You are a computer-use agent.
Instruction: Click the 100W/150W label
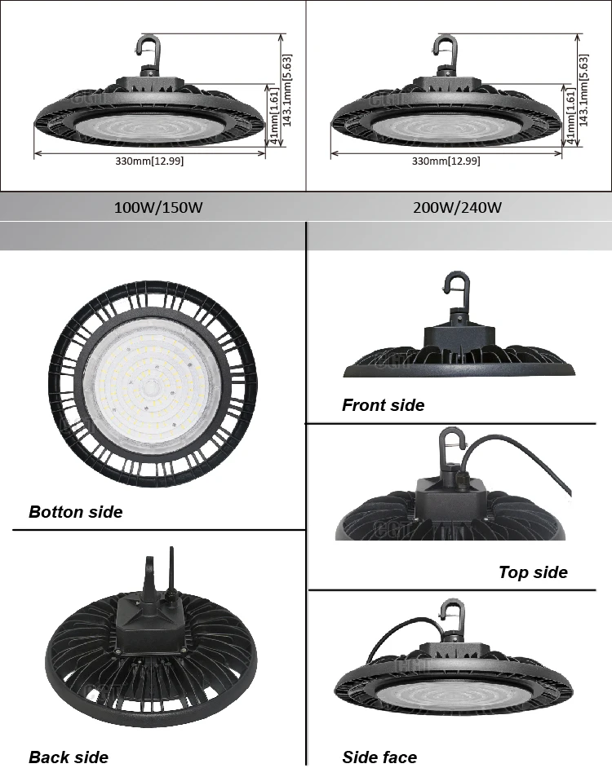tap(157, 207)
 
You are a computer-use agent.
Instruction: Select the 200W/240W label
tap(457, 207)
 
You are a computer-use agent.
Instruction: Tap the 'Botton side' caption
tap(75, 512)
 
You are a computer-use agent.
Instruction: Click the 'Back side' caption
tap(69, 757)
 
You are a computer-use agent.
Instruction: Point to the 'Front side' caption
tap(383, 405)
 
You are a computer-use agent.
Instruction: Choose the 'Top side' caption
tap(533, 572)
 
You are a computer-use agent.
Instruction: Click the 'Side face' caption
tap(379, 757)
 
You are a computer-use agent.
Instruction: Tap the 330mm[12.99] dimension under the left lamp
tap(149, 161)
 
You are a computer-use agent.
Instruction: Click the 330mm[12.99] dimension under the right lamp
tap(446, 161)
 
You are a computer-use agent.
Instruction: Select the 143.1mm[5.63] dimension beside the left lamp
tap(287, 90)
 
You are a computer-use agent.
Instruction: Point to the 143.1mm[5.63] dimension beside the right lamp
tap(583, 90)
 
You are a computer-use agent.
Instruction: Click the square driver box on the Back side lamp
tap(151, 619)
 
